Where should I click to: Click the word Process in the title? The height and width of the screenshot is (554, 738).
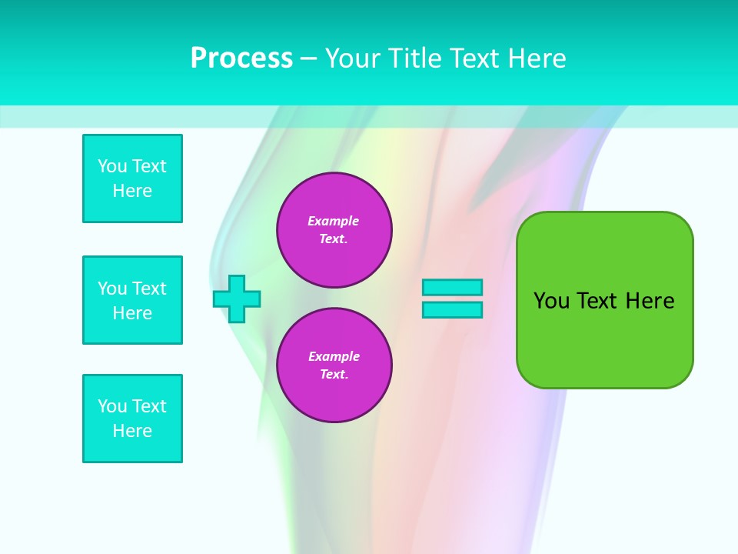241,58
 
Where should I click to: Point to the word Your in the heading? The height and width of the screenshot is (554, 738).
352,58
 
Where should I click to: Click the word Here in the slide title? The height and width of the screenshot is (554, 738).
535,58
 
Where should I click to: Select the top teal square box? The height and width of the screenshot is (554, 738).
132,179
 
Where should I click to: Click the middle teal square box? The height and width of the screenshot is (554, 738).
132,300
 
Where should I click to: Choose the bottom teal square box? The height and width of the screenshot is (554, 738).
132,419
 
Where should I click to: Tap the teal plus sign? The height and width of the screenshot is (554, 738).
237,299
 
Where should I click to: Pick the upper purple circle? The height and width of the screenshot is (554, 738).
334,230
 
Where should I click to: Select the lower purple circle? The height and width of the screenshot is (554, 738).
334,365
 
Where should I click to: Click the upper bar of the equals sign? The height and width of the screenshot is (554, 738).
452,287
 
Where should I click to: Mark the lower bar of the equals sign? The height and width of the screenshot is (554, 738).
452,310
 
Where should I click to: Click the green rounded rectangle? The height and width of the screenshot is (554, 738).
604,300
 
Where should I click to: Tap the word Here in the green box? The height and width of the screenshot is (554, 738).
650,301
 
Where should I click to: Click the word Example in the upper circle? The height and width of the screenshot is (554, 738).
334,221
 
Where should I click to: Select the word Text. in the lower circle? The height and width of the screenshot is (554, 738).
334,375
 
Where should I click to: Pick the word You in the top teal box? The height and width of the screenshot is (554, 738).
112,166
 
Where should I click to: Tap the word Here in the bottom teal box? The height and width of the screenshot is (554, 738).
132,431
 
